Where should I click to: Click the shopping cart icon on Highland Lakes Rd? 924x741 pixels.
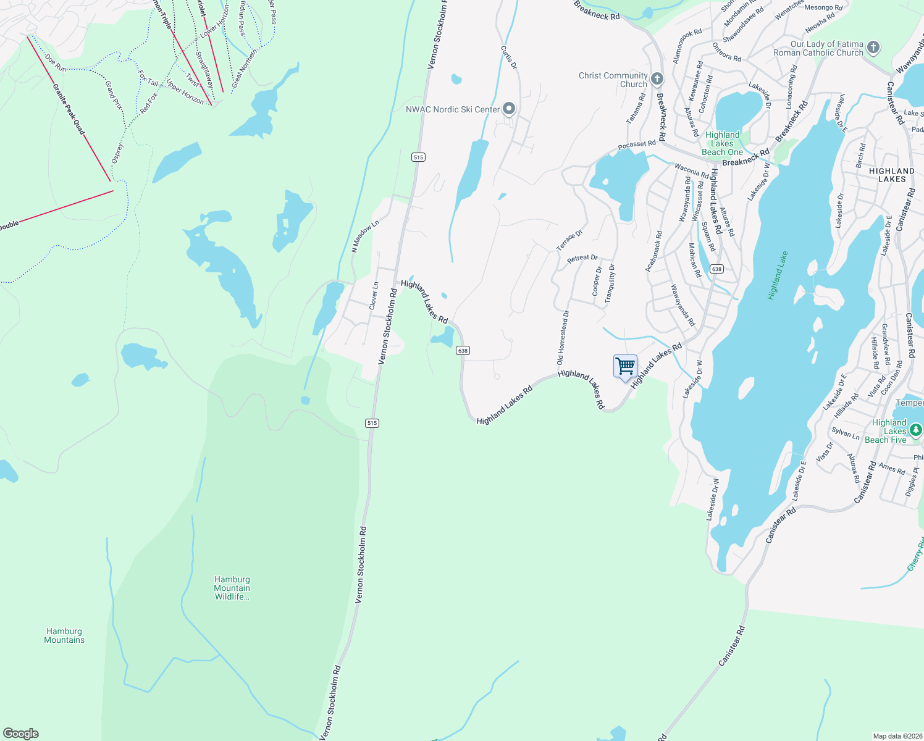(x=625, y=367)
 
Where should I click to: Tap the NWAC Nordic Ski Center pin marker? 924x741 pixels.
(x=509, y=109)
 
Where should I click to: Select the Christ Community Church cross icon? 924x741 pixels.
(x=657, y=78)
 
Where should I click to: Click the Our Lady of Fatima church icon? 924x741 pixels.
(x=873, y=47)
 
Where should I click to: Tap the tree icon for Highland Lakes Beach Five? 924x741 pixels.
(x=915, y=429)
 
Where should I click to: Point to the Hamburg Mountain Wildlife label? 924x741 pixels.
(x=232, y=588)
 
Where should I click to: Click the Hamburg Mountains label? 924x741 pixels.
(x=64, y=635)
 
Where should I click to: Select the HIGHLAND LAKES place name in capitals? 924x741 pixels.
(x=892, y=175)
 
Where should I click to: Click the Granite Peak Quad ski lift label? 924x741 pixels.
(x=69, y=109)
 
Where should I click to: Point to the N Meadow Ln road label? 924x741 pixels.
(x=364, y=237)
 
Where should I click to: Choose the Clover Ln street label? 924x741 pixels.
(x=374, y=296)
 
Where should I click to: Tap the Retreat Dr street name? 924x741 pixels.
(x=582, y=258)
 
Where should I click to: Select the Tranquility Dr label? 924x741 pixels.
(x=610, y=283)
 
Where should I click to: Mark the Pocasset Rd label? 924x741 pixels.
(x=637, y=144)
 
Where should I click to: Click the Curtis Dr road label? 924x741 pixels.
(x=508, y=57)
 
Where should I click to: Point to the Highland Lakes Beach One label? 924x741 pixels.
(x=722, y=143)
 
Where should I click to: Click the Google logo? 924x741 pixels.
(x=21, y=734)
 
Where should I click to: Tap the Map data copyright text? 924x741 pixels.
(x=896, y=736)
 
